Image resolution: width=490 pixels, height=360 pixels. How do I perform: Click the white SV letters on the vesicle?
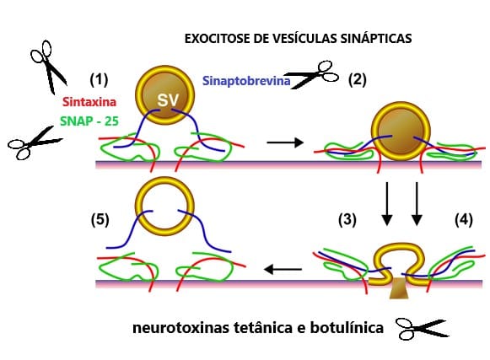(x=168, y=100)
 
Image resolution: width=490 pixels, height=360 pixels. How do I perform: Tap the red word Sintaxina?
(x=89, y=102)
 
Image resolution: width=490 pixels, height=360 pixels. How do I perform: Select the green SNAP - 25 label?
(x=89, y=121)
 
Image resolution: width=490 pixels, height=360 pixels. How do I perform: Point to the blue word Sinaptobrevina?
(x=246, y=81)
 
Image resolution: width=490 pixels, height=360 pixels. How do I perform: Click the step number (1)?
(x=99, y=79)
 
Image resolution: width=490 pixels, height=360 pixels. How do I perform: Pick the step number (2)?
(x=358, y=79)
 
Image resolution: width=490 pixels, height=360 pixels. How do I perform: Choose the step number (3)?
(x=347, y=220)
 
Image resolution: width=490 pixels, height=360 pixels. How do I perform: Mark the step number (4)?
(x=464, y=220)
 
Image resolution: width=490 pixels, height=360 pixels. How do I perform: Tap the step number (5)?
(x=100, y=220)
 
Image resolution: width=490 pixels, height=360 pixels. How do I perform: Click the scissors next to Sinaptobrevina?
(x=313, y=76)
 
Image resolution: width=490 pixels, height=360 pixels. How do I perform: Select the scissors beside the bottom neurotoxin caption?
(x=422, y=329)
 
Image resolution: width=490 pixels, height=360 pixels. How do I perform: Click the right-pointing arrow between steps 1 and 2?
(x=285, y=142)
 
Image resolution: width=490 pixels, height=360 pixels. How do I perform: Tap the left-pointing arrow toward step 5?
(x=283, y=269)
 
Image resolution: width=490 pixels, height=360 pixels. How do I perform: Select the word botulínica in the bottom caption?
(x=347, y=328)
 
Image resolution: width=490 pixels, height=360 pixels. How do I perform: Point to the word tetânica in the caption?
(x=267, y=328)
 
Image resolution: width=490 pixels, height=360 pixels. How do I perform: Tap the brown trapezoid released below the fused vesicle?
(x=399, y=287)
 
